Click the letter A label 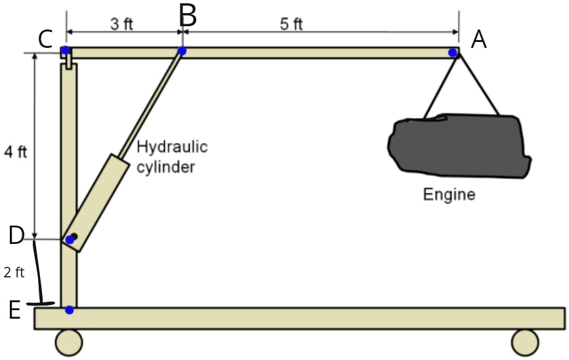[479, 41]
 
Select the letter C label [45, 39]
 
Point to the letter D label [17, 235]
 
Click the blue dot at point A [453, 52]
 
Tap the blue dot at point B [182, 51]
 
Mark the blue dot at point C [66, 50]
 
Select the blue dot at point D [70, 240]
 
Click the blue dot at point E [69, 310]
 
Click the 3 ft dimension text [121, 25]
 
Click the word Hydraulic [172, 147]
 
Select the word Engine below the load [449, 195]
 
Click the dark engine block [457, 148]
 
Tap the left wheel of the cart [69, 342]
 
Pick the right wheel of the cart [524, 342]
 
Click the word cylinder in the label [165, 167]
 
